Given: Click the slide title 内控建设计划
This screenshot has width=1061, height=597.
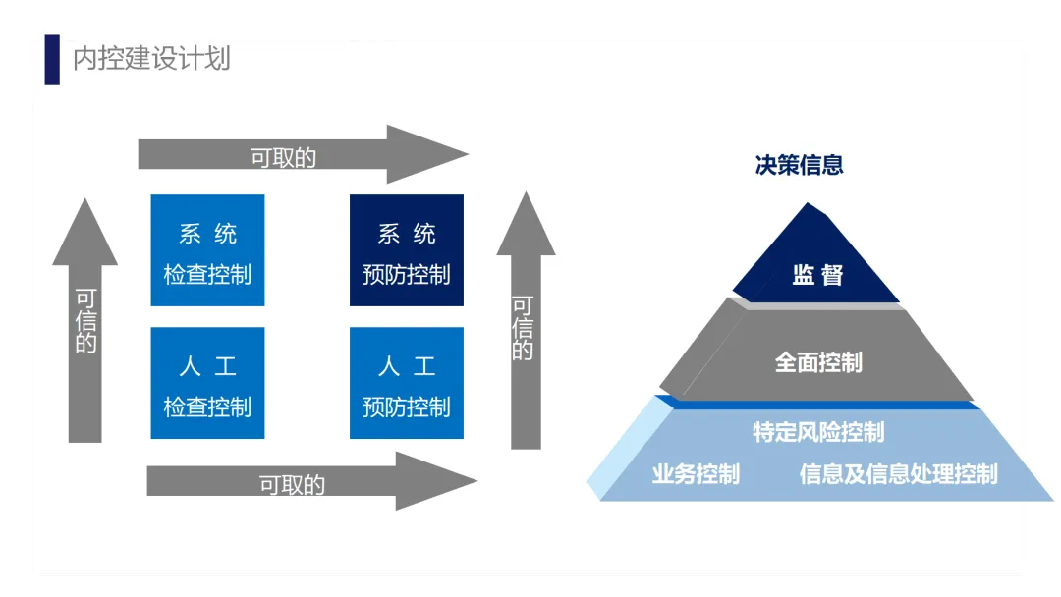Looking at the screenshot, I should [151, 58].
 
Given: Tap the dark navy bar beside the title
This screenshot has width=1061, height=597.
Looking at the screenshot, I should [52, 59].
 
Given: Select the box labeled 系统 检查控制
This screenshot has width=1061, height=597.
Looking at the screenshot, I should [207, 250].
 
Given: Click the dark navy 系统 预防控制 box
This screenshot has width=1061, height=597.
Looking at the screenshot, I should [406, 250].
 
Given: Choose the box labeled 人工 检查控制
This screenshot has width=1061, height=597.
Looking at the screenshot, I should [207, 383].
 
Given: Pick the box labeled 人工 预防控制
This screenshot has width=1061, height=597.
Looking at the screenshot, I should [406, 383].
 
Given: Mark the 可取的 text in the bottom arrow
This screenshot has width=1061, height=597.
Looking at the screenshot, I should [292, 484].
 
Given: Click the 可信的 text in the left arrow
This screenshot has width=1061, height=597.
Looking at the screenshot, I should [86, 321].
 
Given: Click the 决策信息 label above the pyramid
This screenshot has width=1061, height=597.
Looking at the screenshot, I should [799, 165].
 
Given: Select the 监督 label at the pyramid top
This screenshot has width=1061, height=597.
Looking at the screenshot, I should [817, 275].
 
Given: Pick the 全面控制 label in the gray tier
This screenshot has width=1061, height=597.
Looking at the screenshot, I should [818, 362].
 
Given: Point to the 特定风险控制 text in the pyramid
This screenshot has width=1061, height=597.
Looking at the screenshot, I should [818, 432].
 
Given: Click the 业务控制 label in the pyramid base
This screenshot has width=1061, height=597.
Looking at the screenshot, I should [696, 475].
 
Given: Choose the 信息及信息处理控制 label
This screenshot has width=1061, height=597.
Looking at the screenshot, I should [898, 475].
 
